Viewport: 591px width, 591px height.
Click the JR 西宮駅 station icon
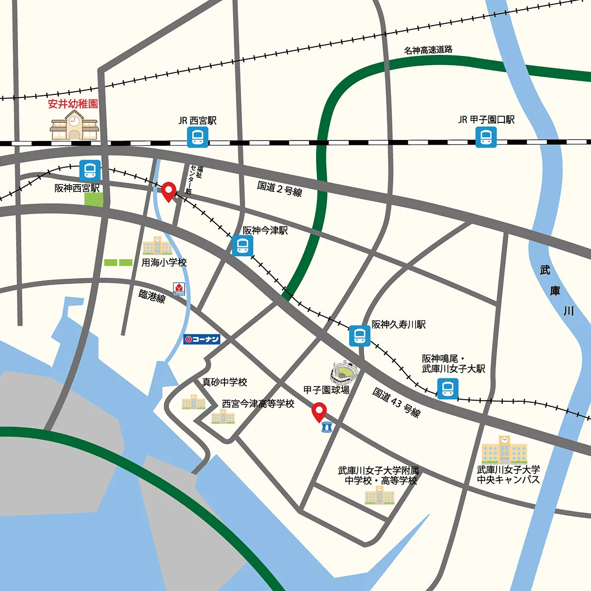[198, 137]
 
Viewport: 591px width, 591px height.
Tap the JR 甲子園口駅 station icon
[486, 137]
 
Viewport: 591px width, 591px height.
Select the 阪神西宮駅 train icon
[90, 171]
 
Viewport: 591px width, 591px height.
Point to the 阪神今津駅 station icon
[242, 245]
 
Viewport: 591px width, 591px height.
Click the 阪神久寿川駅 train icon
[359, 335]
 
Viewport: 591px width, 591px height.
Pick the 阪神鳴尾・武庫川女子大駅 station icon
[447, 388]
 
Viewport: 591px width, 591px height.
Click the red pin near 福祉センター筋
[168, 192]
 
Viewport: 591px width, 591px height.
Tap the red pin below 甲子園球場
[319, 413]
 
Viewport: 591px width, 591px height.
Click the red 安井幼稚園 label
[73, 104]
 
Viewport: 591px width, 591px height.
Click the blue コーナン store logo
[202, 340]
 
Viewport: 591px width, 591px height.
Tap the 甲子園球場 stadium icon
[345, 372]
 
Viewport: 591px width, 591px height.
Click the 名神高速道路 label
[428, 50]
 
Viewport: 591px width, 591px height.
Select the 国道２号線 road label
[279, 188]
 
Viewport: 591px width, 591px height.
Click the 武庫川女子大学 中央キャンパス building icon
[504, 449]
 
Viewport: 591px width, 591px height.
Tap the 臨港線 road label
[152, 296]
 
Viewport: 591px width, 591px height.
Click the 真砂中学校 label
[224, 382]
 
